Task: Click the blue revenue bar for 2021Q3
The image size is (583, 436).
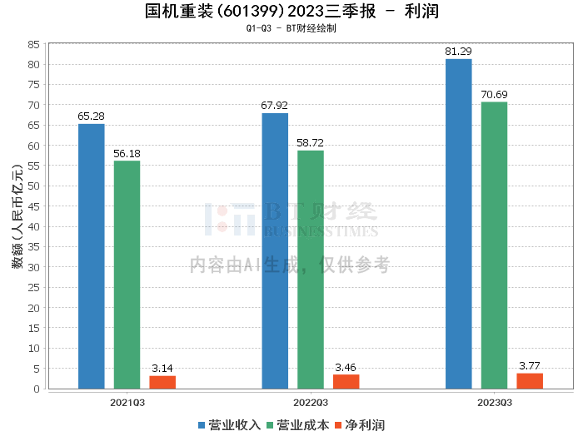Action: pyautogui.click(x=92, y=256)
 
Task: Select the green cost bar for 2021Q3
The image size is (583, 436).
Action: pyautogui.click(x=127, y=275)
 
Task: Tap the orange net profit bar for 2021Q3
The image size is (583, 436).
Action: pyautogui.click(x=162, y=382)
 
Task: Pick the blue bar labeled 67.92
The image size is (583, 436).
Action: pyautogui.click(x=275, y=250)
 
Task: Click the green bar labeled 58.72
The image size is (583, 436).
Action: pyautogui.click(x=311, y=270)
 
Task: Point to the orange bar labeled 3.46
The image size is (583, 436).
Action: pyautogui.click(x=346, y=381)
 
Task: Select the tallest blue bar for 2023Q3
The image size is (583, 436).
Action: pyautogui.click(x=459, y=224)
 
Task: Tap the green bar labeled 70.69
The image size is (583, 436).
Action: pyautogui.click(x=494, y=245)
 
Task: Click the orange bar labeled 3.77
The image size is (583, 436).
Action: pyautogui.click(x=530, y=380)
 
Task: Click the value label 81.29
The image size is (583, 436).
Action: pyautogui.click(x=459, y=52)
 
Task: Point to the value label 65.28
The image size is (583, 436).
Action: pyautogui.click(x=92, y=116)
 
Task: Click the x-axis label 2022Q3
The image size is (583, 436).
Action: pyautogui.click(x=311, y=402)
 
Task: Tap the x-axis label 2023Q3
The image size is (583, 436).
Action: pyautogui.click(x=494, y=402)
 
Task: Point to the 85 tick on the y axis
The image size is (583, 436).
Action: pyautogui.click(x=34, y=44)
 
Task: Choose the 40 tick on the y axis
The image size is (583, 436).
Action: pyautogui.click(x=34, y=226)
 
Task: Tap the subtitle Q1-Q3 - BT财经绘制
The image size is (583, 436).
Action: pyautogui.click(x=291, y=27)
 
